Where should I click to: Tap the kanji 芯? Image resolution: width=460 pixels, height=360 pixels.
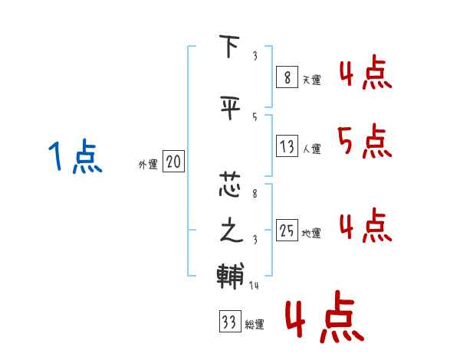230,184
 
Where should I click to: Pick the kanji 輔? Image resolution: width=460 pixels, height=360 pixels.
230,274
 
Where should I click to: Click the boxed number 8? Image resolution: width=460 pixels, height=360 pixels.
286,77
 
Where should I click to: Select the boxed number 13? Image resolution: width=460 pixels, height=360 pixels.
287,147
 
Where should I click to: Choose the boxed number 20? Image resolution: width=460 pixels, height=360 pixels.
174,162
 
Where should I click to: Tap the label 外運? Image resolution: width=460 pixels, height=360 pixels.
148,164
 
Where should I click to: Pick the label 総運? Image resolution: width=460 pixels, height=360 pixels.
254,325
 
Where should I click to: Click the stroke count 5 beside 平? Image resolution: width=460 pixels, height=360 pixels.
254,116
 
